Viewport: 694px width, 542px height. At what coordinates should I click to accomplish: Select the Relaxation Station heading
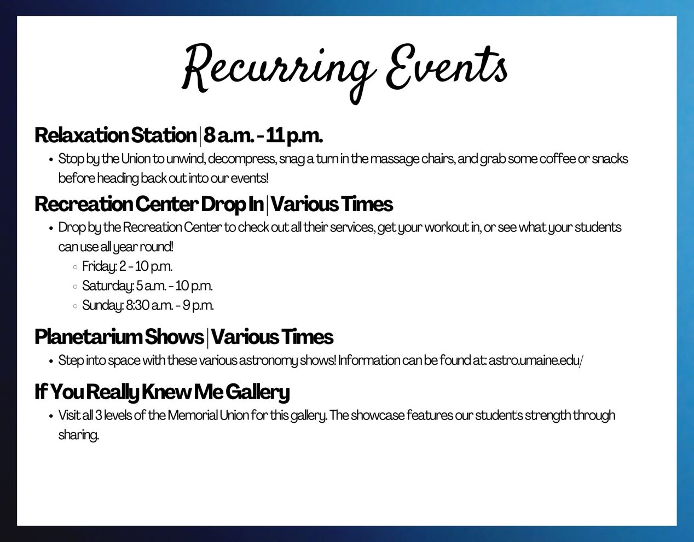(x=115, y=135)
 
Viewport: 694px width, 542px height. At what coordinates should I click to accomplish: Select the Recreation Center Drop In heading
(x=149, y=204)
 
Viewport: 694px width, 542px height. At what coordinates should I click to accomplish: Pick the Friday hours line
(x=127, y=266)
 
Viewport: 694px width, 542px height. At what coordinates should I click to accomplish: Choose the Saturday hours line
(x=147, y=286)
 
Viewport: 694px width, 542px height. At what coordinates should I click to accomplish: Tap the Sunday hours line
(x=148, y=306)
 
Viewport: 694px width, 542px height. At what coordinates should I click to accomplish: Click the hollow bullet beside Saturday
(x=75, y=287)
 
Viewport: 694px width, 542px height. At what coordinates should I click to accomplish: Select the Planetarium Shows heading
(x=119, y=337)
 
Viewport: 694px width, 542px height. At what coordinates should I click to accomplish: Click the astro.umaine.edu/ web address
(x=536, y=360)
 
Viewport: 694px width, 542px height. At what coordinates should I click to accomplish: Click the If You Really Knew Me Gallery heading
(x=162, y=392)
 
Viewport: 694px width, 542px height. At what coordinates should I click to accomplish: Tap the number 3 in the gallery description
(x=99, y=415)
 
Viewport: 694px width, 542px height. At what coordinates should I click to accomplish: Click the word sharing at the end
(x=79, y=435)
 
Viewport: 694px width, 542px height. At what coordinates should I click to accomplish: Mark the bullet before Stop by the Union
(x=51, y=160)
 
